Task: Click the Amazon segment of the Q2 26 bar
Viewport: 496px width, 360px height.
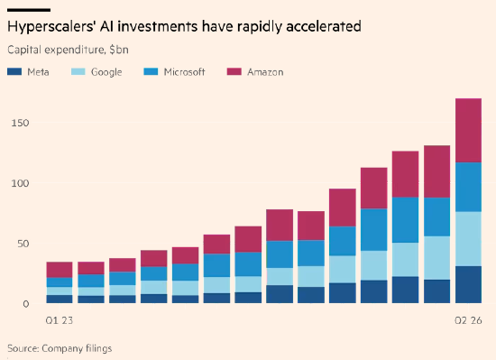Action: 468,130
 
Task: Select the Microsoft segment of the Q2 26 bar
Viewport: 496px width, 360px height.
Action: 468,187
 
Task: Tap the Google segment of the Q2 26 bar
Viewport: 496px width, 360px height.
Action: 468,239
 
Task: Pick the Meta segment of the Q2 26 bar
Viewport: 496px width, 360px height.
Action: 468,285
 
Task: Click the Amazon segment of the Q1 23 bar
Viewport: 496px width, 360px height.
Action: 60,270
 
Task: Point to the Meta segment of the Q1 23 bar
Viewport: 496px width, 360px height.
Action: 60,300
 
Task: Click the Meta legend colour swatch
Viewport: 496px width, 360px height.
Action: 14,72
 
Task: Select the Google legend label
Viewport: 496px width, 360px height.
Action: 106,72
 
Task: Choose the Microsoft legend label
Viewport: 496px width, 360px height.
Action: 184,72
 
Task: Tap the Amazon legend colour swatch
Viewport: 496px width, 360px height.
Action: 234,72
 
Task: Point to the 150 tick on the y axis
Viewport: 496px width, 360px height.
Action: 20,123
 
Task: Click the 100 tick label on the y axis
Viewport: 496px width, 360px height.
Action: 20,183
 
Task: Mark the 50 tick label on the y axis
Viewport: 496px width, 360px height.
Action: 23,244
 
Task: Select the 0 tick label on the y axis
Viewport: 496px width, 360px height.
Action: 25,304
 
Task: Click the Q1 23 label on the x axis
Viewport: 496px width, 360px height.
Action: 60,321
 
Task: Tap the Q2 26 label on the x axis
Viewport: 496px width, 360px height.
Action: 468,321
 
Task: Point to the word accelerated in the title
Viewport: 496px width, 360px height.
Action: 323,26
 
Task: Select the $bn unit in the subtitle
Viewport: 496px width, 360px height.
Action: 119,50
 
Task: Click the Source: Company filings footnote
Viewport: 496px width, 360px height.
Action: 60,348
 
